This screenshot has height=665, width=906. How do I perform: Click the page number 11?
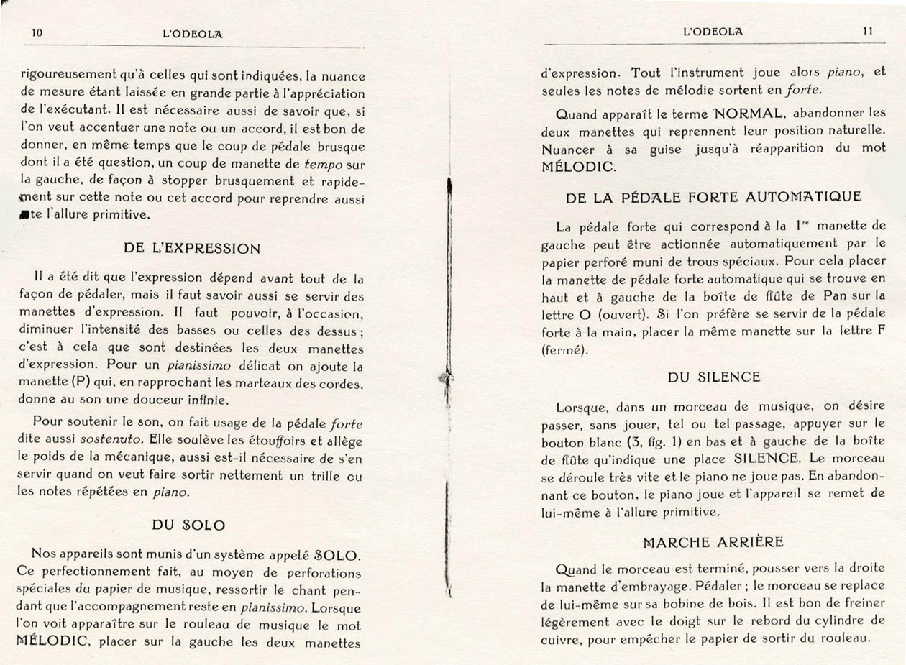tap(867, 31)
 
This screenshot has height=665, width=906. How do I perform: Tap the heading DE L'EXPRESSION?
tap(192, 248)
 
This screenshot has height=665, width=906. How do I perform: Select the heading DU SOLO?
tap(188, 525)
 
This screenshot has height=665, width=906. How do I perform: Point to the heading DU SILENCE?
tap(713, 377)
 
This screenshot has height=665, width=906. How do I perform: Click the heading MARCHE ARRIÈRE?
tap(713, 542)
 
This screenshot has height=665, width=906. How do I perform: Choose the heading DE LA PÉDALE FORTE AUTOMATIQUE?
tap(713, 196)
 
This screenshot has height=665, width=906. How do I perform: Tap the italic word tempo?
tap(324, 165)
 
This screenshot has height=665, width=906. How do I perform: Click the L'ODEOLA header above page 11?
tap(713, 32)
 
